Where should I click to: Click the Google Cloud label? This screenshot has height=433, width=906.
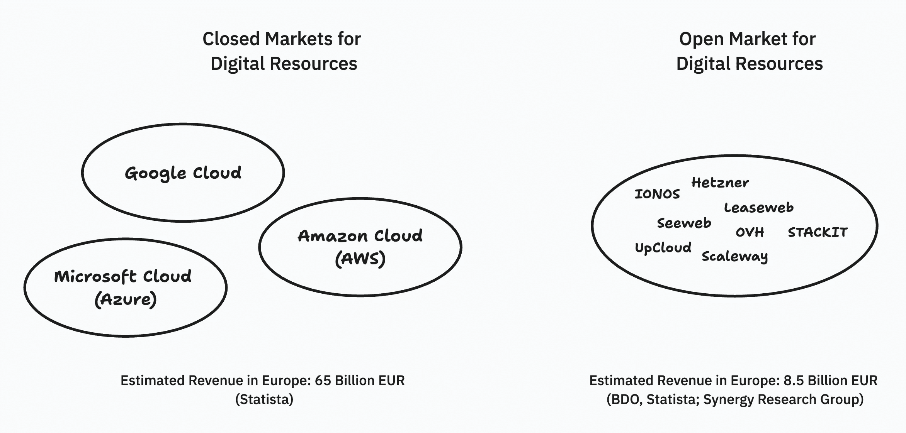[183, 173]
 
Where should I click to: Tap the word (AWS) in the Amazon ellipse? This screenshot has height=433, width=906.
[360, 259]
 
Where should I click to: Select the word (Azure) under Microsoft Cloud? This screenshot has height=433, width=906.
[126, 299]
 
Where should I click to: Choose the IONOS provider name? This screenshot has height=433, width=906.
[657, 194]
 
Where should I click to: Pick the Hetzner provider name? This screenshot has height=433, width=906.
[720, 182]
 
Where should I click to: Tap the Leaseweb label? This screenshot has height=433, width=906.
[758, 208]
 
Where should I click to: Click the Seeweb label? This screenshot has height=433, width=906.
[684, 223]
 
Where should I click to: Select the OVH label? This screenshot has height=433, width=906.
[750, 232]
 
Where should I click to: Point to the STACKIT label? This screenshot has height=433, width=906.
[818, 232]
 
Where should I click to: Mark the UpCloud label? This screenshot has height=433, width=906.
[663, 247]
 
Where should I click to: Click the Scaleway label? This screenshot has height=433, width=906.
[734, 256]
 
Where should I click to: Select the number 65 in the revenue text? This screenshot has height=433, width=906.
[323, 381]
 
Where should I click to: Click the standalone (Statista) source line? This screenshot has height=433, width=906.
[264, 399]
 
